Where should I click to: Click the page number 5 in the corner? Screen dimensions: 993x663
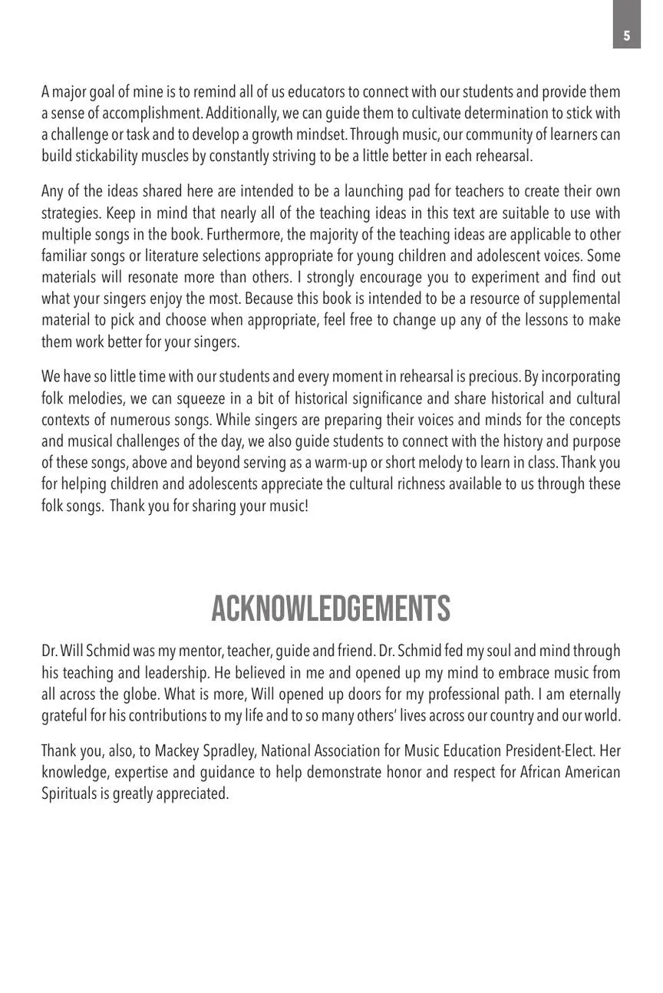[x=627, y=35]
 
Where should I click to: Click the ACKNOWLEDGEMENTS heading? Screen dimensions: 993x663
[x=331, y=609]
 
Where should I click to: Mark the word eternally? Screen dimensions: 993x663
[x=591, y=694]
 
